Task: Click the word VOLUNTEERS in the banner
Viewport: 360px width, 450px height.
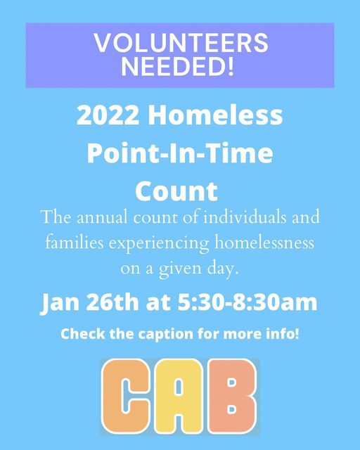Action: [181, 42]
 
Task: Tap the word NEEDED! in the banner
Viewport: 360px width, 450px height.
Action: [178, 66]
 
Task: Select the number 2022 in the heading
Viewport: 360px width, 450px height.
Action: [108, 115]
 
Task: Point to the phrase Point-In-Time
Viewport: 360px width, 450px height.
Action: [180, 153]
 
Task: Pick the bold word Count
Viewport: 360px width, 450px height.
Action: [176, 191]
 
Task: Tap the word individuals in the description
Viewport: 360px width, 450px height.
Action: [245, 217]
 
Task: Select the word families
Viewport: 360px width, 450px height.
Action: [75, 242]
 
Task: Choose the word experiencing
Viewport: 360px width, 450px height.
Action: [159, 244]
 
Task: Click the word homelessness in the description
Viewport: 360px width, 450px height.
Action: [264, 242]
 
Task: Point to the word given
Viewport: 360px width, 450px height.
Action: [180, 270]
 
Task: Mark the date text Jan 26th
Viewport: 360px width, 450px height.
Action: [89, 303]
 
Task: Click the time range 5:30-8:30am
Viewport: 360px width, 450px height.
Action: [247, 302]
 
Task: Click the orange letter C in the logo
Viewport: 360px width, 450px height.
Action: [125, 396]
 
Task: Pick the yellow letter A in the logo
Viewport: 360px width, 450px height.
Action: [179, 396]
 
